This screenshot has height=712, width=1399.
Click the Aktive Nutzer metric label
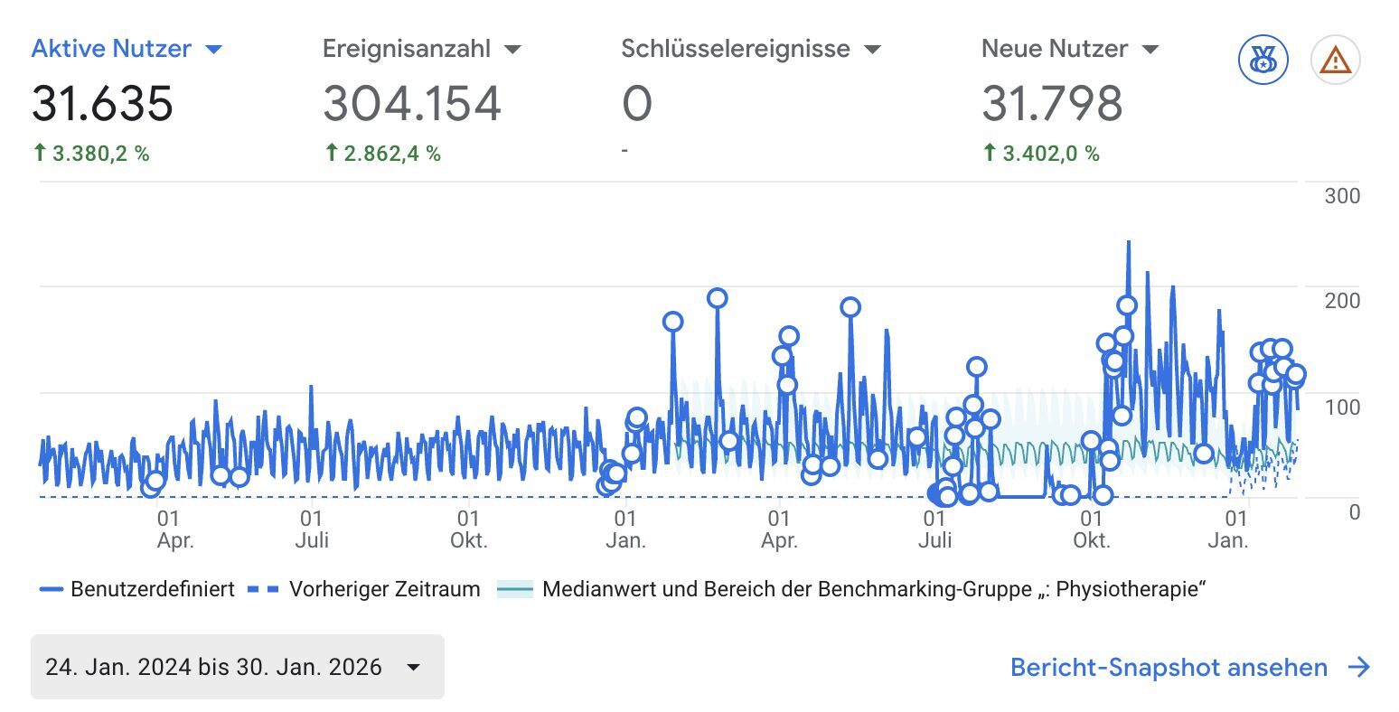(111, 49)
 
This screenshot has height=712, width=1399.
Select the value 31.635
(102, 103)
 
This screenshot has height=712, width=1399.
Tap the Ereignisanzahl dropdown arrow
(512, 50)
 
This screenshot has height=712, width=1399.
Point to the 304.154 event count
(412, 103)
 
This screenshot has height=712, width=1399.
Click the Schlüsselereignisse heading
(735, 49)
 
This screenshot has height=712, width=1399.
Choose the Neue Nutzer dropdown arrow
(1150, 50)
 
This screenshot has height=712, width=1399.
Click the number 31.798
(1052, 103)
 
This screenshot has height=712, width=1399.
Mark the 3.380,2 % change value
(100, 154)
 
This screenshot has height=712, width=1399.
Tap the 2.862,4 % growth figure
(391, 154)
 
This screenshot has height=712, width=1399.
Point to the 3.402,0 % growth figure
(1050, 154)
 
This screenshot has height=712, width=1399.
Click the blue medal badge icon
(1263, 61)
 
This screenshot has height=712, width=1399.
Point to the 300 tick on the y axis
(1341, 196)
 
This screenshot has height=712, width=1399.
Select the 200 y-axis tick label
(1341, 301)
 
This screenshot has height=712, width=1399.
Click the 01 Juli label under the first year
(311, 529)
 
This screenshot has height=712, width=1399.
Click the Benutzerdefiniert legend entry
(152, 590)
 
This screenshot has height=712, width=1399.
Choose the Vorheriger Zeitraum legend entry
(384, 590)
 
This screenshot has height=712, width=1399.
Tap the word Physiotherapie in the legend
(1130, 590)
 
